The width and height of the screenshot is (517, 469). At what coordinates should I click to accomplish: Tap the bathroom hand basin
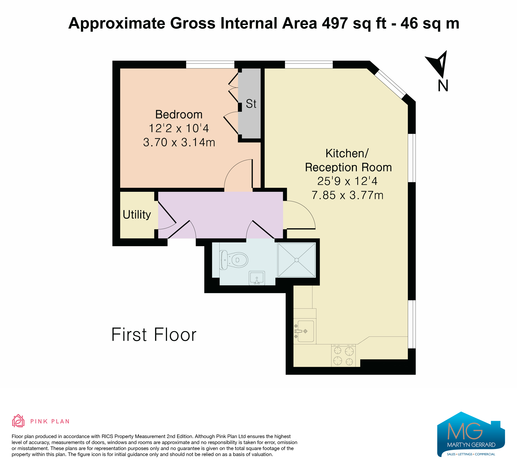click(x=257, y=278)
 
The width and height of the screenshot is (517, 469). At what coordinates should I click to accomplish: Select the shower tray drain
click(x=297, y=260)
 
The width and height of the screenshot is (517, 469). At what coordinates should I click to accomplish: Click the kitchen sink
click(x=305, y=331)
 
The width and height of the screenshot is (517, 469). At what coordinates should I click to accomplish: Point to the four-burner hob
click(x=343, y=356)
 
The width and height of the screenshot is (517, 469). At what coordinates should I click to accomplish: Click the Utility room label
click(x=137, y=215)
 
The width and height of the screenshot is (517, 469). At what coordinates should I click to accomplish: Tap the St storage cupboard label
click(x=251, y=104)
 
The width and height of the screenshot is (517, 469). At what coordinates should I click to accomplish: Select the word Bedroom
click(x=179, y=114)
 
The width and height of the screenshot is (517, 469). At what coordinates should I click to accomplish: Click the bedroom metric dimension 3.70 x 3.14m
click(x=179, y=142)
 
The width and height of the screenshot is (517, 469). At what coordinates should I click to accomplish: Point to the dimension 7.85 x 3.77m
click(x=347, y=195)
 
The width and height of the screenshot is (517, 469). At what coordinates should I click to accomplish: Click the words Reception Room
click(x=348, y=167)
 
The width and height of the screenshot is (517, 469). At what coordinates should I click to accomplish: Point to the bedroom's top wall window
click(x=210, y=64)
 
